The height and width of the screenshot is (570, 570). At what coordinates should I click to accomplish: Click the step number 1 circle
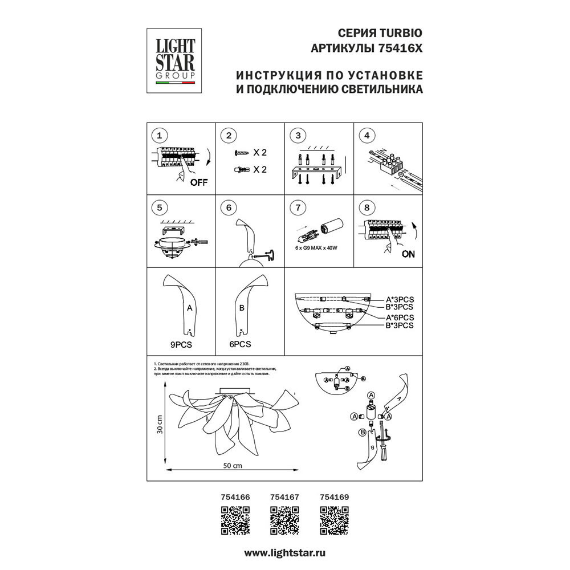pos(160,136)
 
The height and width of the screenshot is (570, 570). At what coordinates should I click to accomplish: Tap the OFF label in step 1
pos(198,182)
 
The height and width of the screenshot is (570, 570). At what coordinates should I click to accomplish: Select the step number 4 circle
pos(367,136)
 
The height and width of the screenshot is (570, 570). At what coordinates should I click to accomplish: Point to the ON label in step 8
pos(408,255)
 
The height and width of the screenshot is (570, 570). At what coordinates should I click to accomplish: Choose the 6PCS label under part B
pos(241,344)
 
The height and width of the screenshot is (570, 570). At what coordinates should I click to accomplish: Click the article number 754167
pos(284,497)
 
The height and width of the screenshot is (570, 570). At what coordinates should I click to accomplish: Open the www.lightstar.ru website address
pos(285,553)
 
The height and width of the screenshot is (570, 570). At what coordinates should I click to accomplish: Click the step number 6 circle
pos(229,207)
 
